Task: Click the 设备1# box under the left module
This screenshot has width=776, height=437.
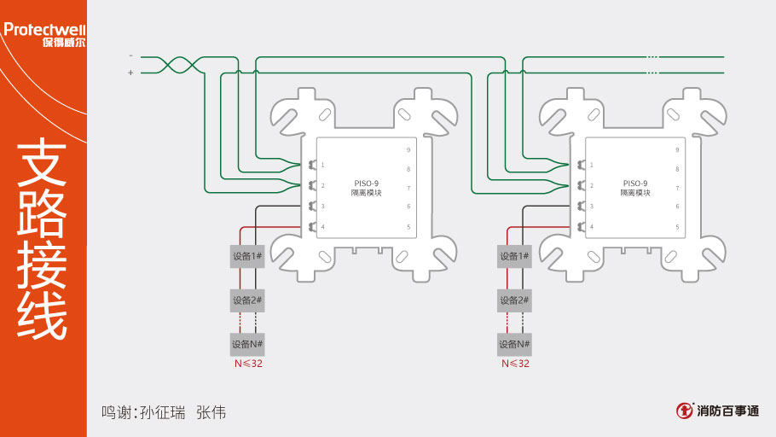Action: [x=247, y=256]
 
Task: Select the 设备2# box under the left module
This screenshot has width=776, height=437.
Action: [x=247, y=300]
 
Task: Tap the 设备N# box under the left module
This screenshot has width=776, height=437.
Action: [x=247, y=345]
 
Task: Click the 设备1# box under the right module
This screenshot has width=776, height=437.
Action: [x=514, y=256]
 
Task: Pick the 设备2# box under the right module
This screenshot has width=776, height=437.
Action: [x=514, y=300]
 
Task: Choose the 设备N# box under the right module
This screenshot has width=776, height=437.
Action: [x=514, y=345]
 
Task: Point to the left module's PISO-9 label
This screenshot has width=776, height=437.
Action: [x=366, y=183]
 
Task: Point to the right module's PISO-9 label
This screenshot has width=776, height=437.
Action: [x=635, y=183]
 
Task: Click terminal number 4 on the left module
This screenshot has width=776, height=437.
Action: [x=322, y=227]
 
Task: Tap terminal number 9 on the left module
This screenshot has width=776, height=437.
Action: [x=408, y=150]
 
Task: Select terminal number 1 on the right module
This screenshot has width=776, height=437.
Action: [x=592, y=165]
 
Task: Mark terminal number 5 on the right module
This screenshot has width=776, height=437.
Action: [x=678, y=227]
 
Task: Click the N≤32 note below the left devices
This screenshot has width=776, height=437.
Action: [x=248, y=364]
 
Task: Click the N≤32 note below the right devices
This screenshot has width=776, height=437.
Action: [x=515, y=364]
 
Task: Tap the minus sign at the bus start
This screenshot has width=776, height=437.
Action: [x=130, y=55]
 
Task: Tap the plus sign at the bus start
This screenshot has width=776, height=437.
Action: [x=130, y=73]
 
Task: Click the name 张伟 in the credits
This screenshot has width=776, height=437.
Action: [x=211, y=411]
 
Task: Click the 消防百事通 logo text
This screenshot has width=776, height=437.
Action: [x=727, y=411]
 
